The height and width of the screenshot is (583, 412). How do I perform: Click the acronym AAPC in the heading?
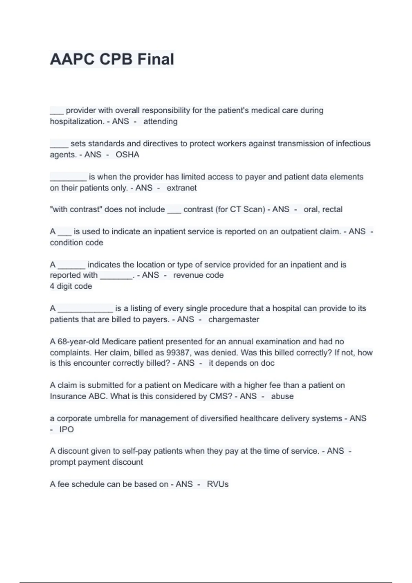[x=72, y=59]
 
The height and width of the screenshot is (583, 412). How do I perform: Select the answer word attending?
[x=160, y=121]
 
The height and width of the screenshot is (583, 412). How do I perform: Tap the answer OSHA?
[x=127, y=155]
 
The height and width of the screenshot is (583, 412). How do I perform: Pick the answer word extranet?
[x=182, y=188]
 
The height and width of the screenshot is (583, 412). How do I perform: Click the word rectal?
[x=332, y=209]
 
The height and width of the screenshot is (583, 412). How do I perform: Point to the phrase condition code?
[x=77, y=242]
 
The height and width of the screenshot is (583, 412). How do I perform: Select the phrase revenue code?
[x=198, y=275]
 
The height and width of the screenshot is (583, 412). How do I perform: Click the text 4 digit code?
[x=71, y=286]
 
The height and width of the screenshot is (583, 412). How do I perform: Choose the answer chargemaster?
[x=234, y=319]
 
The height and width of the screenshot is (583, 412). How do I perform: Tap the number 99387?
[x=177, y=353]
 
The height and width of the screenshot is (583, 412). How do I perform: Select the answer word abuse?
[x=282, y=396]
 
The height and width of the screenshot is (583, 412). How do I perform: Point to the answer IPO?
[x=67, y=429]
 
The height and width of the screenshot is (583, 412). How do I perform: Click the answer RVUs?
[x=218, y=484]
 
